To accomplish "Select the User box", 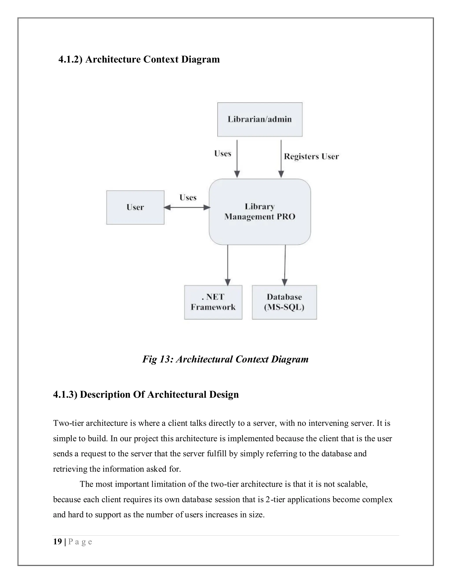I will click(135, 207).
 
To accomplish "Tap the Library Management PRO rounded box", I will click(260, 212).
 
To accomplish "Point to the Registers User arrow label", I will click(311, 156).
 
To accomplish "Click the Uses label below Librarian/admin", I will click(223, 154).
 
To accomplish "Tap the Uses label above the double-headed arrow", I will click(188, 198).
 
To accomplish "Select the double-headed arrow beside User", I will click(187, 207).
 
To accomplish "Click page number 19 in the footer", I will click(57, 542).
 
